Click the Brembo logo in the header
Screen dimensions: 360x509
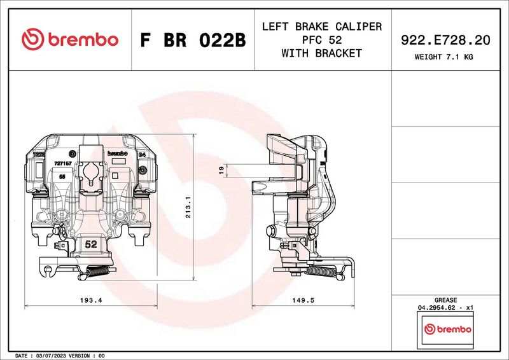pyautogui.click(x=70, y=39)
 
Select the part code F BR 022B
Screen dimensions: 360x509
pyautogui.click(x=192, y=40)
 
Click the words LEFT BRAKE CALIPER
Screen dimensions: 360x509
pyautogui.click(x=322, y=27)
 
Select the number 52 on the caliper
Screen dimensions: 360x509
pyautogui.click(x=90, y=244)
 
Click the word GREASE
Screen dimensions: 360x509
pyautogui.click(x=445, y=299)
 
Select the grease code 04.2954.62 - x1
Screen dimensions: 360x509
pyautogui.click(x=445, y=307)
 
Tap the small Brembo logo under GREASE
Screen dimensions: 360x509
pyautogui.click(x=447, y=329)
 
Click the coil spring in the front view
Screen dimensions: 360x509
pyautogui.click(x=99, y=272)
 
